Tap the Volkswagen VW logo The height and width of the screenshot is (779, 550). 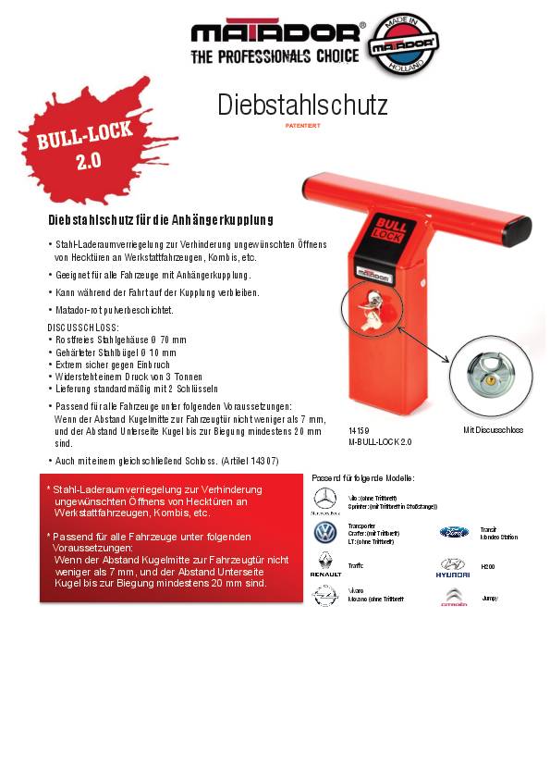[x=324, y=532]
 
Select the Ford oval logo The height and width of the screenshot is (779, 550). [x=453, y=532]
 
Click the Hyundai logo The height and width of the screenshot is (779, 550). [x=453, y=564]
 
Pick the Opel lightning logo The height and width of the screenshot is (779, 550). [x=324, y=596]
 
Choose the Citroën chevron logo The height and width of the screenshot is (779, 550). [x=453, y=597]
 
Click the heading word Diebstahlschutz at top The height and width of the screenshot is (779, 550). [x=302, y=105]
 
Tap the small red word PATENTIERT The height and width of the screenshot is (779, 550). [x=302, y=124]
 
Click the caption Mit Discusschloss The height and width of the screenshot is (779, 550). [x=493, y=430]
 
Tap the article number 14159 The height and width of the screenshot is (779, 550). [x=359, y=431]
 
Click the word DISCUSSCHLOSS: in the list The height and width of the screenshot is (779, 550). [x=83, y=328]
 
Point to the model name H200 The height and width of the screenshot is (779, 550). [x=488, y=565]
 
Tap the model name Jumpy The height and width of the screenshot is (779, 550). [x=489, y=598]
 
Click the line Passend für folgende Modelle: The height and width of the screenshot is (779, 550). [x=363, y=477]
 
